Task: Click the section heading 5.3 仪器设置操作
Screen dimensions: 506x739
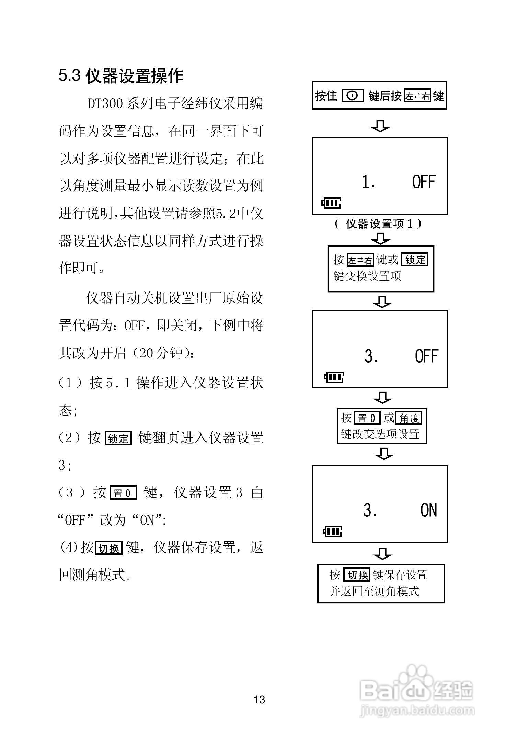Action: click(121, 76)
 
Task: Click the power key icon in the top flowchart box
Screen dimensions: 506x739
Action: click(353, 96)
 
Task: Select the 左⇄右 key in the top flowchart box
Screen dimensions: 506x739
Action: click(417, 96)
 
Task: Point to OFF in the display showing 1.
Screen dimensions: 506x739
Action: click(424, 182)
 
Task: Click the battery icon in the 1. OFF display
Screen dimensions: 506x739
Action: click(331, 203)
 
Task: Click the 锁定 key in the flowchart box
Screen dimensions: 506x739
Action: click(415, 260)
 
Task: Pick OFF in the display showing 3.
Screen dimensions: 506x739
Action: click(427, 356)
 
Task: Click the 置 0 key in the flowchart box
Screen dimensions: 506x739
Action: click(367, 418)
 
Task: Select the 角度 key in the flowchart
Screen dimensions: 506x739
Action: click(409, 418)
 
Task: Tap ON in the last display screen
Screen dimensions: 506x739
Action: click(429, 511)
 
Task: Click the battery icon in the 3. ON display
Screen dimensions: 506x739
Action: click(332, 532)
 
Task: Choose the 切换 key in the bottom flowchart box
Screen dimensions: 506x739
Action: click(357, 575)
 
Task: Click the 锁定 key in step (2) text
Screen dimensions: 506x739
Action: click(118, 438)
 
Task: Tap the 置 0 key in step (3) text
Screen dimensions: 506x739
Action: click(123, 493)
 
